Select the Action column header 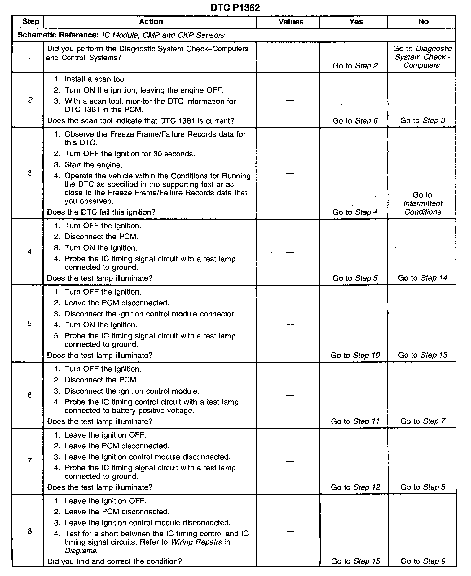[x=151, y=22]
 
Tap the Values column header [x=291, y=22]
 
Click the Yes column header [x=356, y=22]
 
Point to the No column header [x=423, y=22]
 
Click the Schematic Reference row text [x=121, y=35]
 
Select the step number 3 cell [x=29, y=173]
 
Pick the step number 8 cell [x=29, y=531]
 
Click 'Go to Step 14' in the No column [x=423, y=278]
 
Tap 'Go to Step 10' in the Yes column [x=355, y=355]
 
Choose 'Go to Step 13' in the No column [x=423, y=355]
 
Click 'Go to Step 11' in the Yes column [x=355, y=421]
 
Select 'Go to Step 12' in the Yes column [x=355, y=487]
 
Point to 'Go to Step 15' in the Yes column [x=355, y=561]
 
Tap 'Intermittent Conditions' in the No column [x=423, y=207]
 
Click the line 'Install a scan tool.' [x=96, y=79]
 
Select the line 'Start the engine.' [x=93, y=165]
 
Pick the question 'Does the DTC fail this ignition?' [x=101, y=212]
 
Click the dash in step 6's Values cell [x=290, y=395]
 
